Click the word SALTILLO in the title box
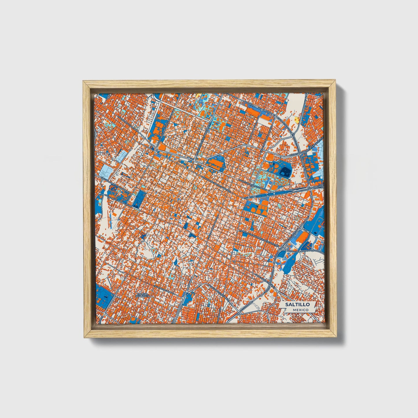(x=297, y=305)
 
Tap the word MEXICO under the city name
(x=300, y=310)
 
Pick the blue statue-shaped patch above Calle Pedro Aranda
(x=175, y=262)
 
